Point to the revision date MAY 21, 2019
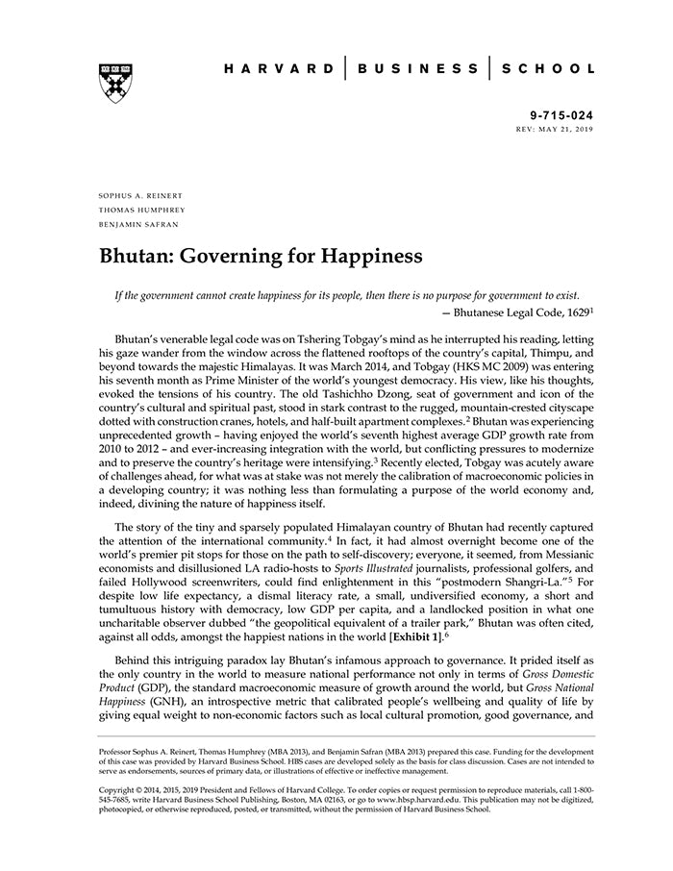coord(563,127)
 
